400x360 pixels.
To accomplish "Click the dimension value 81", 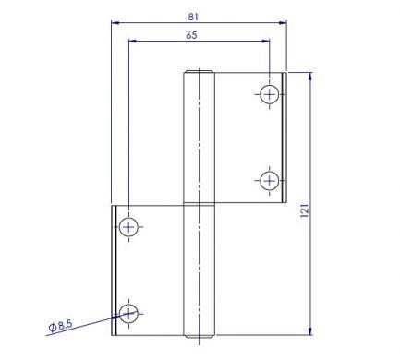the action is click(x=193, y=17).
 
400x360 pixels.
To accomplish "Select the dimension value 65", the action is click(x=191, y=35).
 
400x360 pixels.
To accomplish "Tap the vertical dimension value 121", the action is click(x=304, y=210).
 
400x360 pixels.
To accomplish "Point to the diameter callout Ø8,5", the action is click(x=60, y=326).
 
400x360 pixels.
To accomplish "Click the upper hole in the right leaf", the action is click(x=270, y=94).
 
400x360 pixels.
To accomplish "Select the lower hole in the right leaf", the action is click(x=270, y=181).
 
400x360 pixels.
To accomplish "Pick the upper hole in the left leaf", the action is click(x=128, y=227).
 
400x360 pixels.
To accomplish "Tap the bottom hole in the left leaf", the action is click(x=128, y=314).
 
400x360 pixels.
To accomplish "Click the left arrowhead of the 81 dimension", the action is click(x=115, y=22).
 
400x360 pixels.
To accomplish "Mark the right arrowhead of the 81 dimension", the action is click(x=283, y=22).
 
